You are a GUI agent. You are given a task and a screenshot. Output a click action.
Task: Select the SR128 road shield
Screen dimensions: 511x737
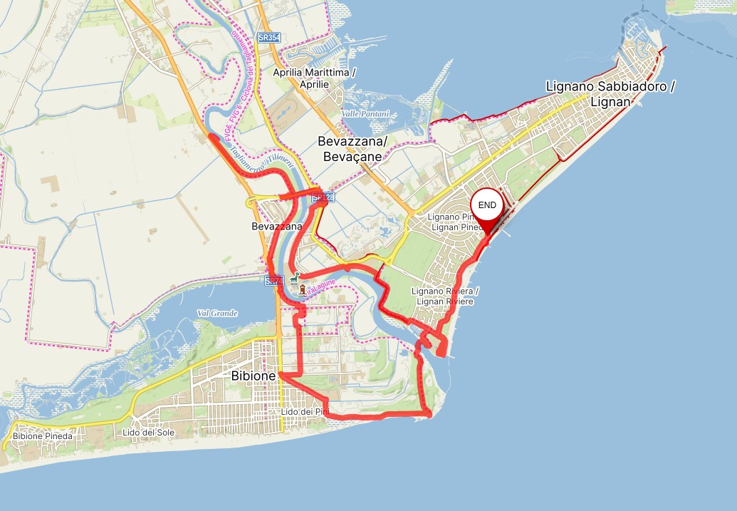tap(323, 197)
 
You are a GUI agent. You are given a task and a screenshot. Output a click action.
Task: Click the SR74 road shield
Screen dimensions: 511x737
tap(273, 281)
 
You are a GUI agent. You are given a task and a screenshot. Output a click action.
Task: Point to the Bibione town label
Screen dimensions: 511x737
tap(253, 375)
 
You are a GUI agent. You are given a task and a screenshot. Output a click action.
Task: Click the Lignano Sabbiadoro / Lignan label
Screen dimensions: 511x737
tap(610, 94)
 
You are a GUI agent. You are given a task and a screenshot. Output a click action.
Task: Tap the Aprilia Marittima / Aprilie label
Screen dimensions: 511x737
tap(314, 78)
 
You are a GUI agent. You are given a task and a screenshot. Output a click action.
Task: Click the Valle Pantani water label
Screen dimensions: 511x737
tap(365, 114)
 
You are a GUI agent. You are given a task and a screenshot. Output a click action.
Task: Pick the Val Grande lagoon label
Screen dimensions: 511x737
tap(217, 313)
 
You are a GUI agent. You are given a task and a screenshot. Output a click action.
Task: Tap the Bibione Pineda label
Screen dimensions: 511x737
tap(42, 435)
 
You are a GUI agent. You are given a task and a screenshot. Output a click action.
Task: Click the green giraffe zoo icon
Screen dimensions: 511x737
tap(295, 277)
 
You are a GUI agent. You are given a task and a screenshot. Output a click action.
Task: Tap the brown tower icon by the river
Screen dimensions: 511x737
tap(303, 289)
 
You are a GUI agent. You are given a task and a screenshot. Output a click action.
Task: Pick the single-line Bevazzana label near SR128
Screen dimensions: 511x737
tap(277, 227)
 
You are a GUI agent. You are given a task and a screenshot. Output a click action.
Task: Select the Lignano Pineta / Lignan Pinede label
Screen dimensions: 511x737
tap(456, 222)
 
